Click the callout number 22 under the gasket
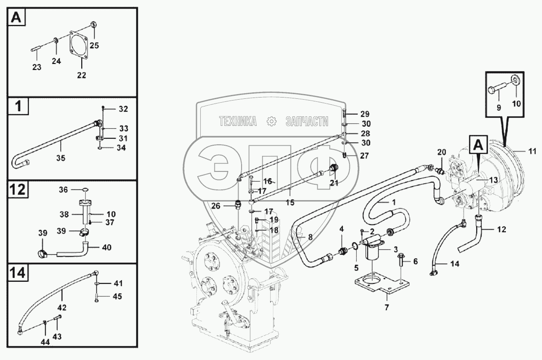[82, 75]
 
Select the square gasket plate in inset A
[80, 48]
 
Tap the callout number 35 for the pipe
[61, 158]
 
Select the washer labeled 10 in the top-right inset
[515, 81]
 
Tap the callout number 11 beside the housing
[532, 151]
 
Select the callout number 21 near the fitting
[334, 183]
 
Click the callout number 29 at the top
[365, 114]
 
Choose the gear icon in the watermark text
[271, 122]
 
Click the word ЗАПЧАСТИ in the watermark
[306, 122]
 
